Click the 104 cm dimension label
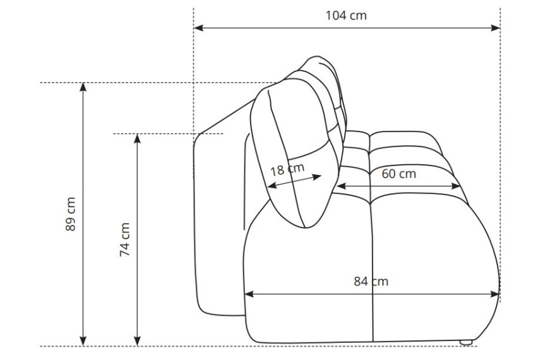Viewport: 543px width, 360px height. (x=346, y=16)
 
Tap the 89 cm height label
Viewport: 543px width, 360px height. (x=70, y=213)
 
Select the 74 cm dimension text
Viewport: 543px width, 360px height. (x=124, y=239)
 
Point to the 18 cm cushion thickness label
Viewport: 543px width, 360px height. (x=287, y=169)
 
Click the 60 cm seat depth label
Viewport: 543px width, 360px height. (x=399, y=174)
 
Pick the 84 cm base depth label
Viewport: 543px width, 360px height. (x=371, y=281)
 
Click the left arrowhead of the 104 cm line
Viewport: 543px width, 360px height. (x=198, y=28)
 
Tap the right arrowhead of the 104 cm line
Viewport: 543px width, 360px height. (x=496, y=28)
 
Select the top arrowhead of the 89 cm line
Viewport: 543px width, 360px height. (x=83, y=87)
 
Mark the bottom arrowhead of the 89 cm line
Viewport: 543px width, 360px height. (x=83, y=341)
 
